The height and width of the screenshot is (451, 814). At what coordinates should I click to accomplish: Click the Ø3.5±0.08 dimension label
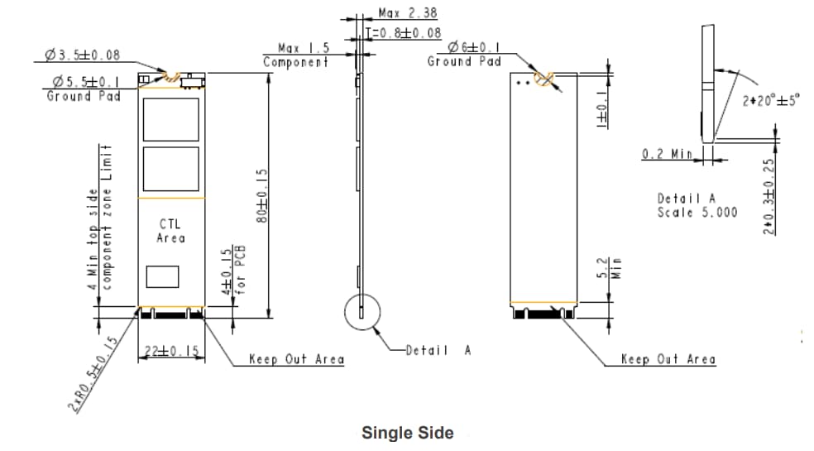tap(83, 55)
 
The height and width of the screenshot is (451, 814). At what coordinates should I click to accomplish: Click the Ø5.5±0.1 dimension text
tap(85, 82)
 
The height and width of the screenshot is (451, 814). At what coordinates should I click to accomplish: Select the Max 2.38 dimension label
tap(407, 13)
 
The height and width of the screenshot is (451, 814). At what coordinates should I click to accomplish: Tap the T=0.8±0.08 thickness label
tap(403, 32)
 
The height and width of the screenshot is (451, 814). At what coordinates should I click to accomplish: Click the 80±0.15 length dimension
tap(263, 196)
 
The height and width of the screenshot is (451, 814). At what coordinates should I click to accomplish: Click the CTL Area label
tap(171, 231)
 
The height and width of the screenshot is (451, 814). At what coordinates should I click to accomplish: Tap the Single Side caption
tap(407, 432)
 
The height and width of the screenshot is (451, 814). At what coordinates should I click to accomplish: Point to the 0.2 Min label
tap(668, 155)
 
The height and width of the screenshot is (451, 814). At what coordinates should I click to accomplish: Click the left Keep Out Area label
tap(297, 359)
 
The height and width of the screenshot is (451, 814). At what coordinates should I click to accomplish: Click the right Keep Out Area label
tap(668, 359)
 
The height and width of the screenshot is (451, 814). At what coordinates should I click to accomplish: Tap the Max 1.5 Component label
tap(297, 55)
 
